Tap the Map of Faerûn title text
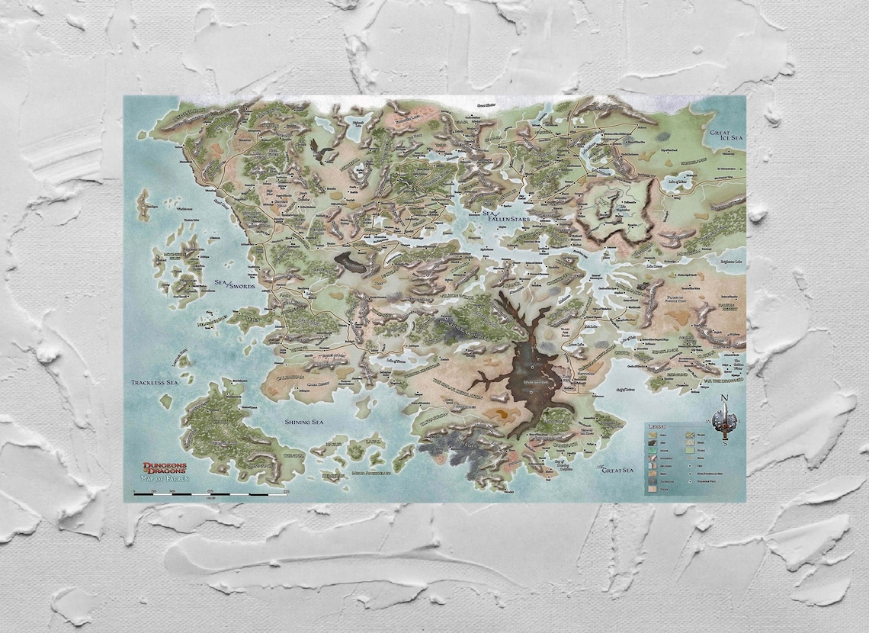pos(164,478)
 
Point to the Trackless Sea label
pos(154,382)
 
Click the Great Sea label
pos(616,471)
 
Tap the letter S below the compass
pos(724,444)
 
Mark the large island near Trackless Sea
pos(229,427)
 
